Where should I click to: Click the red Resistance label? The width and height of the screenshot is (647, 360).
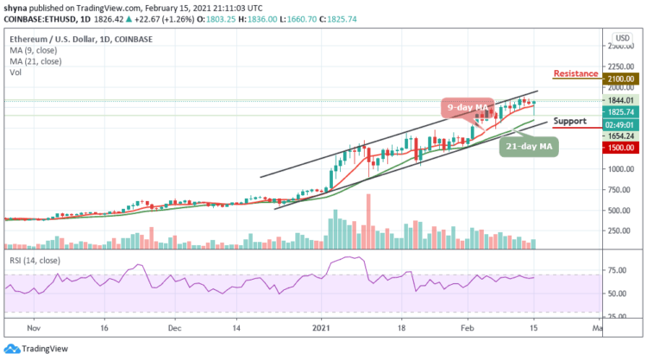coord(575,74)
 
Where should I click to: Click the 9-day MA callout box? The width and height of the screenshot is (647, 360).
coord(468,108)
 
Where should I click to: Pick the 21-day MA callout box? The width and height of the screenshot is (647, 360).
coord(527,147)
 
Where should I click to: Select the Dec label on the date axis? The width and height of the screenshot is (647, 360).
coord(174,328)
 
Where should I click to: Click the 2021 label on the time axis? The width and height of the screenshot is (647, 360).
coord(321,328)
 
